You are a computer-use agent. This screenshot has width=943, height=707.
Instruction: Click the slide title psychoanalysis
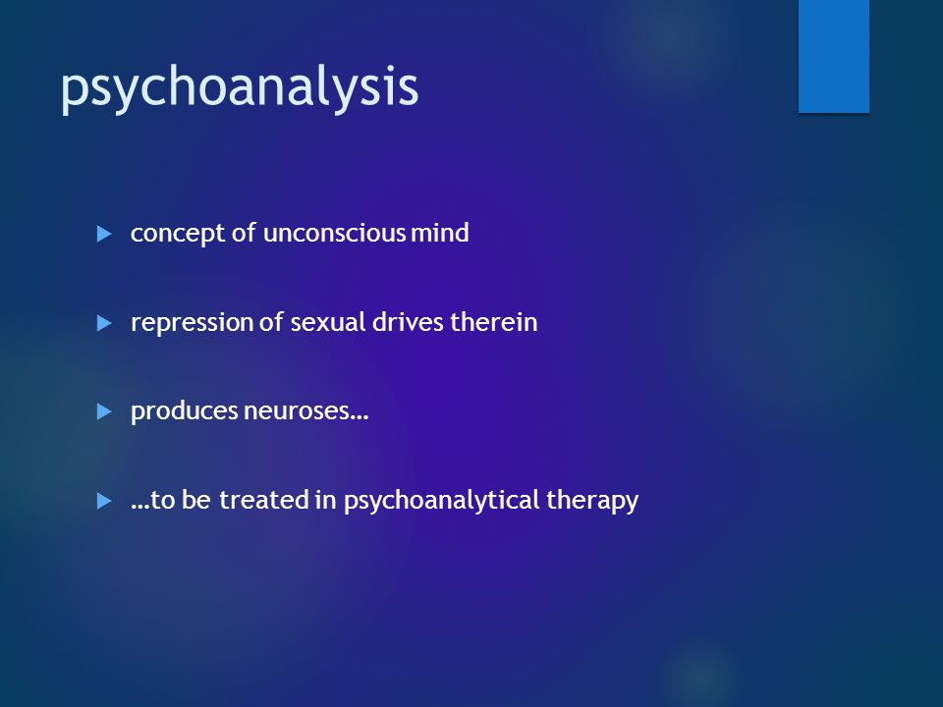tap(240, 87)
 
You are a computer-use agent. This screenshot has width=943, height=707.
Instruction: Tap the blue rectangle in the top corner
tap(834, 56)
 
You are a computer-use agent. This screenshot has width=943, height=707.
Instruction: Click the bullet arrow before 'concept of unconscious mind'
tap(104, 234)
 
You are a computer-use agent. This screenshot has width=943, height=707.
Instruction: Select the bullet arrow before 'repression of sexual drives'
tap(104, 323)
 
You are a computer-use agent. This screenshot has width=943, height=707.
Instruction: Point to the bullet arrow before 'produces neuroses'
tap(104, 411)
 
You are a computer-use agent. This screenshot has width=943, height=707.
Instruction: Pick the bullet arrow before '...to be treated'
tap(104, 501)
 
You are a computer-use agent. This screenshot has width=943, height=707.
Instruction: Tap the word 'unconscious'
tap(334, 234)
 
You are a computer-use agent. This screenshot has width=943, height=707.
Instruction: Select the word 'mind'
tap(440, 233)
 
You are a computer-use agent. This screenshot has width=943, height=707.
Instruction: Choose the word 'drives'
tap(409, 322)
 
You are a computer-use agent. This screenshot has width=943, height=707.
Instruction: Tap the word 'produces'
tap(185, 412)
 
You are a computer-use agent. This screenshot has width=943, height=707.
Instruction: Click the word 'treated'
tap(264, 500)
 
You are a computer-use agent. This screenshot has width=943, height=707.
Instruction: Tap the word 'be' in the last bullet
tap(196, 500)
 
